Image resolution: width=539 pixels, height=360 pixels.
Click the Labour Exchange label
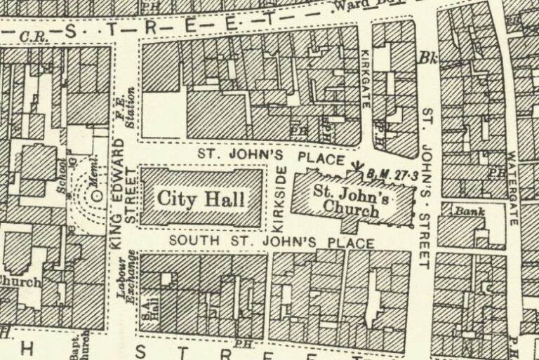point(130,279)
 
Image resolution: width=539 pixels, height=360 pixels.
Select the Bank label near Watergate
point(467,210)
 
